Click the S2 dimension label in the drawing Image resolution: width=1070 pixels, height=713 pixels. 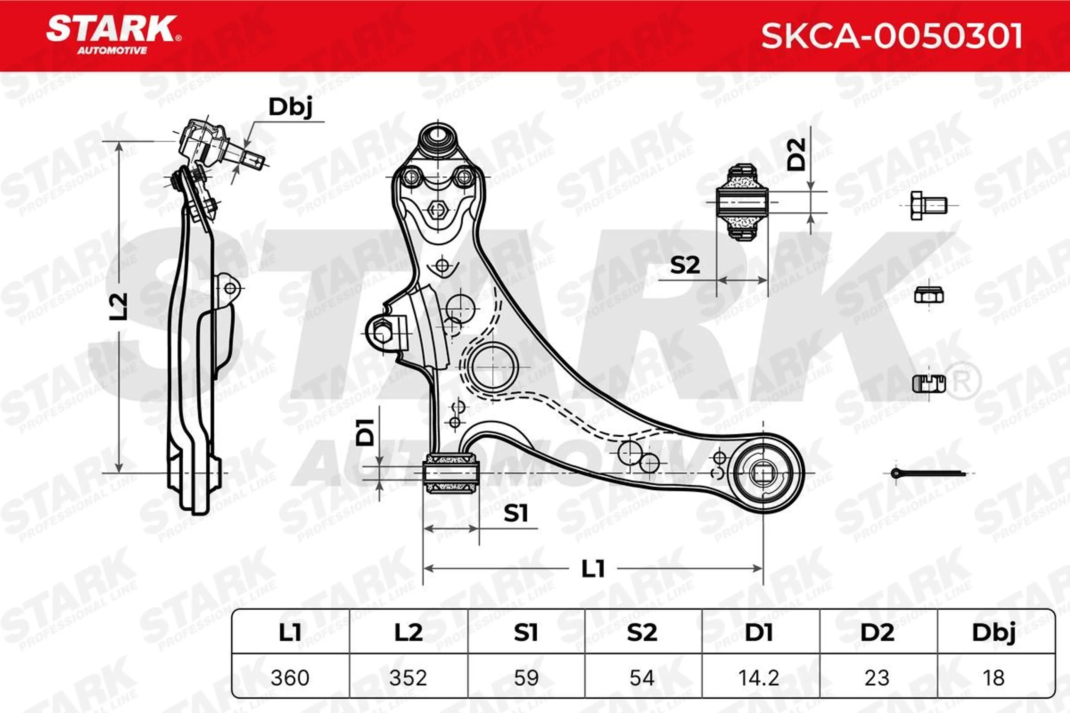pyautogui.click(x=685, y=265)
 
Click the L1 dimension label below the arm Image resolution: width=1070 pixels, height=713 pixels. pyautogui.click(x=593, y=568)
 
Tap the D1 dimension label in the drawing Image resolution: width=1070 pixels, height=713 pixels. pyautogui.click(x=365, y=432)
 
